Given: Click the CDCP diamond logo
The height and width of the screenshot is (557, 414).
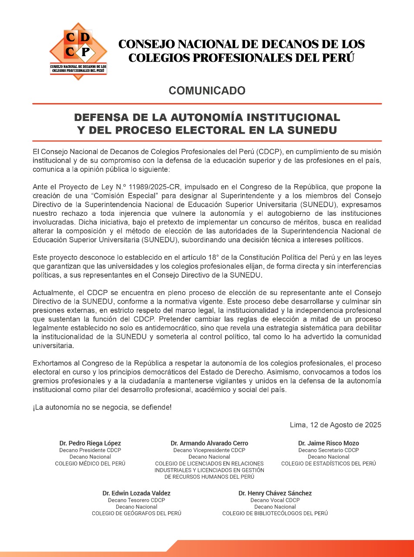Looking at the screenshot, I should [x=78, y=50].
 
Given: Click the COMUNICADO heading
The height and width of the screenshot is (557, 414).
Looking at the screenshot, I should [x=207, y=91].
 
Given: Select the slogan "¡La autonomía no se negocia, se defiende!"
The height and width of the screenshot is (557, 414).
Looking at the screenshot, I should [x=102, y=407].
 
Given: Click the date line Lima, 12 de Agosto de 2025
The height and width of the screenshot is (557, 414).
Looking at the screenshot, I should [x=335, y=425].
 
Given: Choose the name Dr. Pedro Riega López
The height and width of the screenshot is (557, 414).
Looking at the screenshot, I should [x=90, y=443].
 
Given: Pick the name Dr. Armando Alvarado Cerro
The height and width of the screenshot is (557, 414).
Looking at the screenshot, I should [x=209, y=443].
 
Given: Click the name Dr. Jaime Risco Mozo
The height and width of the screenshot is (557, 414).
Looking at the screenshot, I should [x=328, y=443].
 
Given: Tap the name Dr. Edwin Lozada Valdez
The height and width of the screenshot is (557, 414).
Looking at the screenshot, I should [x=136, y=493].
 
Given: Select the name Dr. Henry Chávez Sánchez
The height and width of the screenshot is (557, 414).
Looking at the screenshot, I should [x=275, y=493].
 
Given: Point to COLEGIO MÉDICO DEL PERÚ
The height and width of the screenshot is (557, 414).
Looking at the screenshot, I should [x=90, y=463].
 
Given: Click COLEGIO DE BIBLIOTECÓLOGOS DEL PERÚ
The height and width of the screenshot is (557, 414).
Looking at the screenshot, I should [x=275, y=513].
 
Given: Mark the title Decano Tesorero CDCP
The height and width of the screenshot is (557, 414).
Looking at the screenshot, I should [x=136, y=500].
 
